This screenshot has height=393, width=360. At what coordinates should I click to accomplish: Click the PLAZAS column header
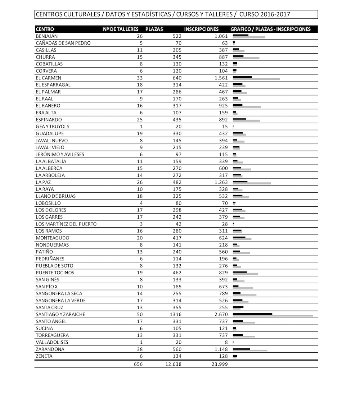[x=154, y=29]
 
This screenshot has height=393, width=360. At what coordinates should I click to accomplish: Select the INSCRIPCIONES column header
[x=201, y=29]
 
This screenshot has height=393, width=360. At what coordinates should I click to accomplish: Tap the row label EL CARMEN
[x=49, y=78]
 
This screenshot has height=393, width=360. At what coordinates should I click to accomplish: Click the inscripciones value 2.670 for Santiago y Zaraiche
[x=220, y=315]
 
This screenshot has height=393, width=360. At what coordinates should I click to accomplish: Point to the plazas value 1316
[x=176, y=315]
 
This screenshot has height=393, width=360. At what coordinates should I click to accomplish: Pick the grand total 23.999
[x=220, y=364]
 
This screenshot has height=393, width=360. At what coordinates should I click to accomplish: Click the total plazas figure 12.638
[x=173, y=364]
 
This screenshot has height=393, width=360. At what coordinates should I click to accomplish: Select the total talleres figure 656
[x=138, y=364]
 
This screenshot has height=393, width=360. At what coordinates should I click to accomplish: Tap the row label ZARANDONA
[x=50, y=349]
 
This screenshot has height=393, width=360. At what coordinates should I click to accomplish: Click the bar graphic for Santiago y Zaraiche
[x=273, y=315]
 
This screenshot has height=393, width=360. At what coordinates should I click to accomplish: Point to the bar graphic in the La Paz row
[x=251, y=183]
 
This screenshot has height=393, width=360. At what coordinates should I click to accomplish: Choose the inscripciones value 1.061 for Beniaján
[x=220, y=36]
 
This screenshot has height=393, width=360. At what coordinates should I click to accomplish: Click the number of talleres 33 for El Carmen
[x=140, y=78]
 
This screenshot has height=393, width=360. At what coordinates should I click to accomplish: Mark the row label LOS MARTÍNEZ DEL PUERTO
[x=66, y=224]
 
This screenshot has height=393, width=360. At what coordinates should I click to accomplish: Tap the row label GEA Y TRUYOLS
[x=53, y=127]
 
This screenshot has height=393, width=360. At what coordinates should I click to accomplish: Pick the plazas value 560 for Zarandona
[x=177, y=349]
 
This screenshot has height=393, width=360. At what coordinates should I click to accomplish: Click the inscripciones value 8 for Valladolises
[x=226, y=343]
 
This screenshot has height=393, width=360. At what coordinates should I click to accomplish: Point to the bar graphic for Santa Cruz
[x=238, y=308]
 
